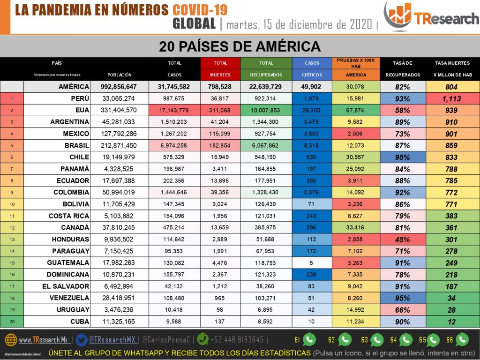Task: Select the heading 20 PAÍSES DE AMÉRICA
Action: point(240,46)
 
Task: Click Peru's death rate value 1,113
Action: point(452,99)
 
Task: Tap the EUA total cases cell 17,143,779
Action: point(174,111)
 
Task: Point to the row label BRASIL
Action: point(77,146)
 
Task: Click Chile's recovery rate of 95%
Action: point(402,157)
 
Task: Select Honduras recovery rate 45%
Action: point(402,240)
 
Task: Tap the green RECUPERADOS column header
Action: point(266,75)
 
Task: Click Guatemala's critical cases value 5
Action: point(312,263)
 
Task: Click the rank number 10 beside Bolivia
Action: point(12,204)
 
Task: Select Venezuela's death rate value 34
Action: point(452,298)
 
